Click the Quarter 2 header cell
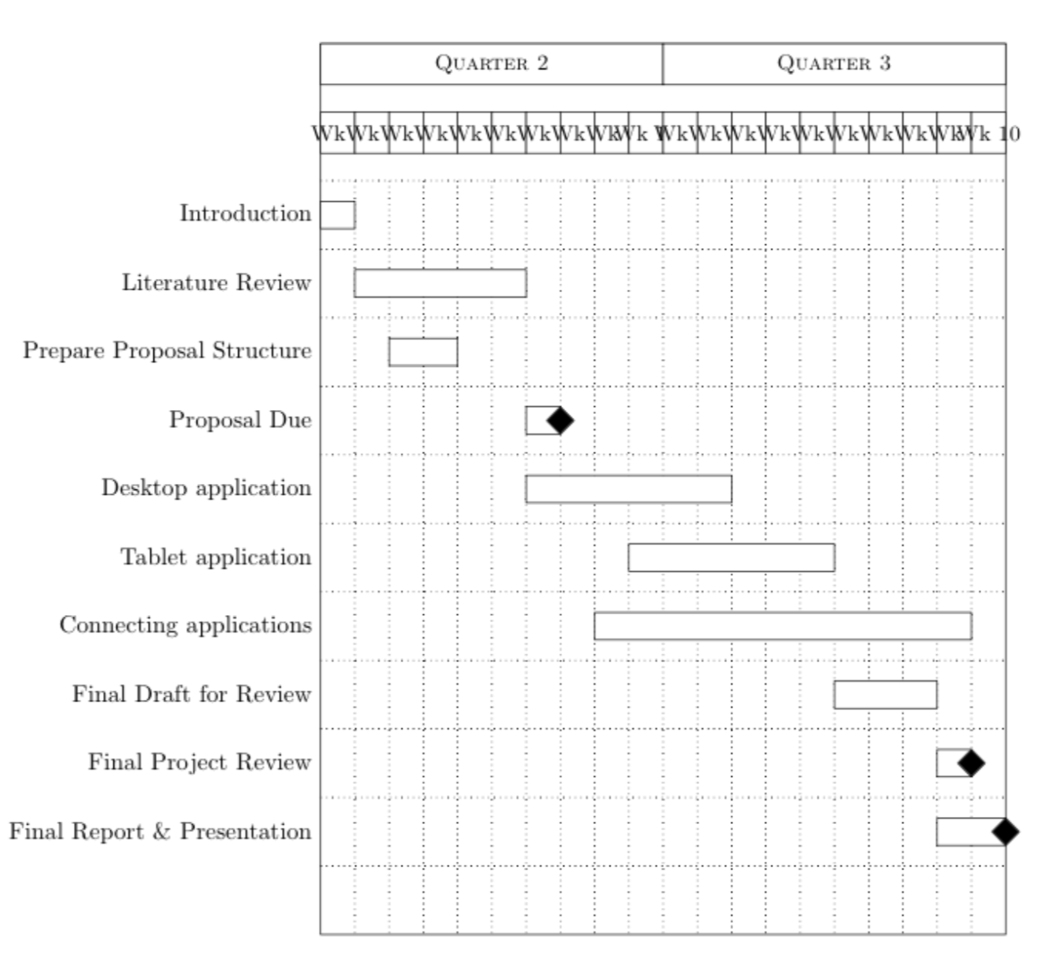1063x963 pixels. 491,64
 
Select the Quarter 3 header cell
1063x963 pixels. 834,64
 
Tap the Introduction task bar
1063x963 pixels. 338,215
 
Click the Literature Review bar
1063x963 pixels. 440,284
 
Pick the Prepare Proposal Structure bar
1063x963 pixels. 423,352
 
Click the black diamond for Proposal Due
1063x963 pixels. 560,421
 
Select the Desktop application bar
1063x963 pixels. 628,489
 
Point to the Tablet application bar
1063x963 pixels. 731,558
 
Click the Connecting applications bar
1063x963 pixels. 782,626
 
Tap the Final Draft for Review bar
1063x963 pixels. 885,695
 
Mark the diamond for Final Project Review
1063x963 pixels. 971,763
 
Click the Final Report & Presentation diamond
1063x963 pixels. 1005,832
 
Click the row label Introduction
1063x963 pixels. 245,214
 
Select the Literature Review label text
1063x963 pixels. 216,283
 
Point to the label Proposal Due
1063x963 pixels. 240,420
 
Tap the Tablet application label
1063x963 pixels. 216,558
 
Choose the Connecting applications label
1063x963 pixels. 185,625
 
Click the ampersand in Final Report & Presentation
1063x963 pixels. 162,832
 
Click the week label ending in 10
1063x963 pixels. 991,134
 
